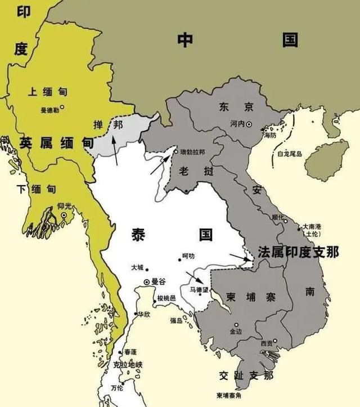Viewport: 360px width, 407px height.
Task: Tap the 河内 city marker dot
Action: (249, 124)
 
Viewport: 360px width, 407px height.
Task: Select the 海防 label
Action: (269, 135)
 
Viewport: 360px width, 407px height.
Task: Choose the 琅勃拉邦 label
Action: (192, 152)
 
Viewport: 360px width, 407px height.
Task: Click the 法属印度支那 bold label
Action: (298, 252)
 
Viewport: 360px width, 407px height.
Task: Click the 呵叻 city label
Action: (188, 256)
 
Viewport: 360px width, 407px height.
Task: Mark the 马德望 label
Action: (199, 289)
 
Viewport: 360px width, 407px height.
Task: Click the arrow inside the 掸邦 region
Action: (114, 149)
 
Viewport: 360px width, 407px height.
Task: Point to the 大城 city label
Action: (137, 267)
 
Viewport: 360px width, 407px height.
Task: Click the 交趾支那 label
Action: (247, 375)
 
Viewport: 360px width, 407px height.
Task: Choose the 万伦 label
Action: (118, 388)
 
